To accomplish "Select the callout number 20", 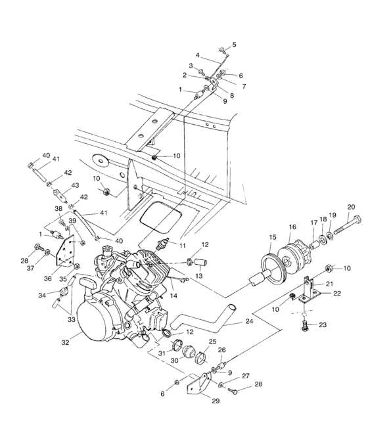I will tap(351, 206).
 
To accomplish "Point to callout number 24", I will tap(249, 322).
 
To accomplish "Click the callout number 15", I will tap(273, 236).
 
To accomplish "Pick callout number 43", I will tap(76, 185).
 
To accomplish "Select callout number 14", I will tap(173, 296).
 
